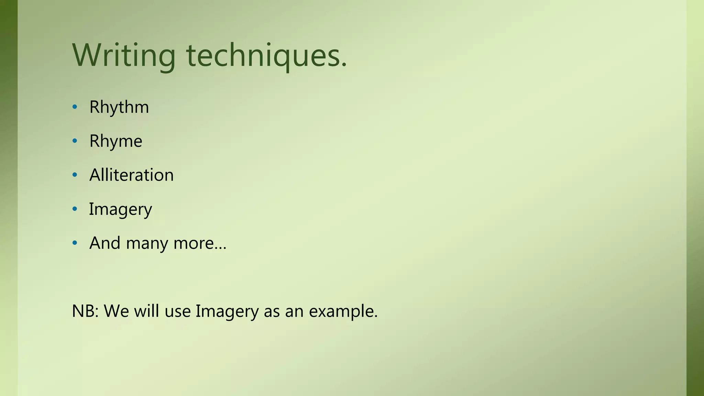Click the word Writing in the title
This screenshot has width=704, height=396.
coord(124,56)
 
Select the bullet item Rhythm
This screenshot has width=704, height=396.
coord(119,107)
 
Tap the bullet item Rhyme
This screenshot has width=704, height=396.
coord(115,141)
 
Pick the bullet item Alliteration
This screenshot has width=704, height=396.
coord(131,175)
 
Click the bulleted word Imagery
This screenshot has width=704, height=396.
coord(120,209)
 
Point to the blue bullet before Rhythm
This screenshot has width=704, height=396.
coord(75,107)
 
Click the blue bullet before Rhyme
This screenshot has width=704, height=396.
coord(75,141)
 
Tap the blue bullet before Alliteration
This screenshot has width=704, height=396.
coord(75,175)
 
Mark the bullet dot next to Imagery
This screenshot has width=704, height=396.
coord(75,209)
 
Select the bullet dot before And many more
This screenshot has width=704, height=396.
coord(75,243)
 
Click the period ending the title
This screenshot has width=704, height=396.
coord(344,65)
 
